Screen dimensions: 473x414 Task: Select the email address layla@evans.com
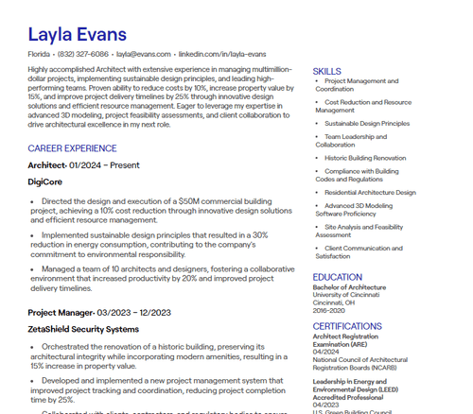tap(144, 55)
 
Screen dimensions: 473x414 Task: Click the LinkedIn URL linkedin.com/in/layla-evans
tap(222, 55)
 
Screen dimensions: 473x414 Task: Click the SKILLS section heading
tap(326, 71)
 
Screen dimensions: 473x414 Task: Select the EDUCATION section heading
tap(337, 277)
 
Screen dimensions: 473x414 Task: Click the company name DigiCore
tap(44, 181)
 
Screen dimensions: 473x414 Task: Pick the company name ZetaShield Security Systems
tap(83, 329)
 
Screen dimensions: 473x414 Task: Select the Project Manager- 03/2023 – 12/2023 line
tap(98, 312)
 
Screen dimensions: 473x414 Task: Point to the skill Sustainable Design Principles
tap(367, 123)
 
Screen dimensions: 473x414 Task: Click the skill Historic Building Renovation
tap(365, 158)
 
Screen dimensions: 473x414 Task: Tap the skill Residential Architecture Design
tap(370, 192)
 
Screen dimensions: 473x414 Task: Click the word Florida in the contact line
tap(39, 55)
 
